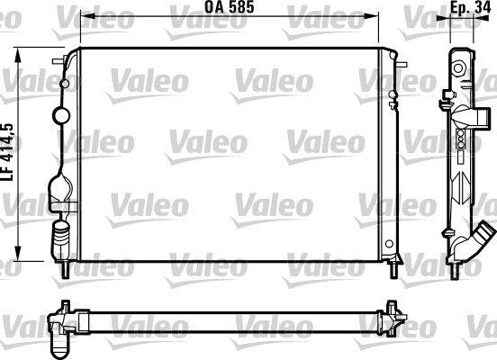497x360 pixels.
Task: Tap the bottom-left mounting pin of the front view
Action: coord(67,268)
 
